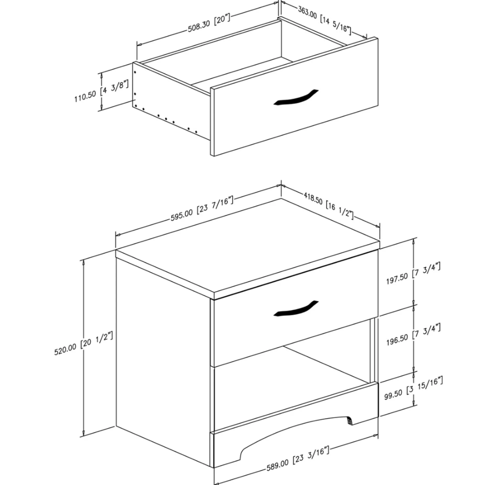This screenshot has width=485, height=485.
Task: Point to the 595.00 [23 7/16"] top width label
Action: (202, 209)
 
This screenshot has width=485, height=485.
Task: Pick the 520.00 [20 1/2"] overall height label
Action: (83, 343)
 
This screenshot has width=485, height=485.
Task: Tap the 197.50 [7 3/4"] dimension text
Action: (413, 273)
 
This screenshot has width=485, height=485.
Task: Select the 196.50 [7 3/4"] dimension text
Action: (413, 334)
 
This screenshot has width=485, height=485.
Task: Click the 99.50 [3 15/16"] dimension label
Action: (413, 389)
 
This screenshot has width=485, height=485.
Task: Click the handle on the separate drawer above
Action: (296, 98)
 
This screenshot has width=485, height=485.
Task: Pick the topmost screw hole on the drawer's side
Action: (135, 72)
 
